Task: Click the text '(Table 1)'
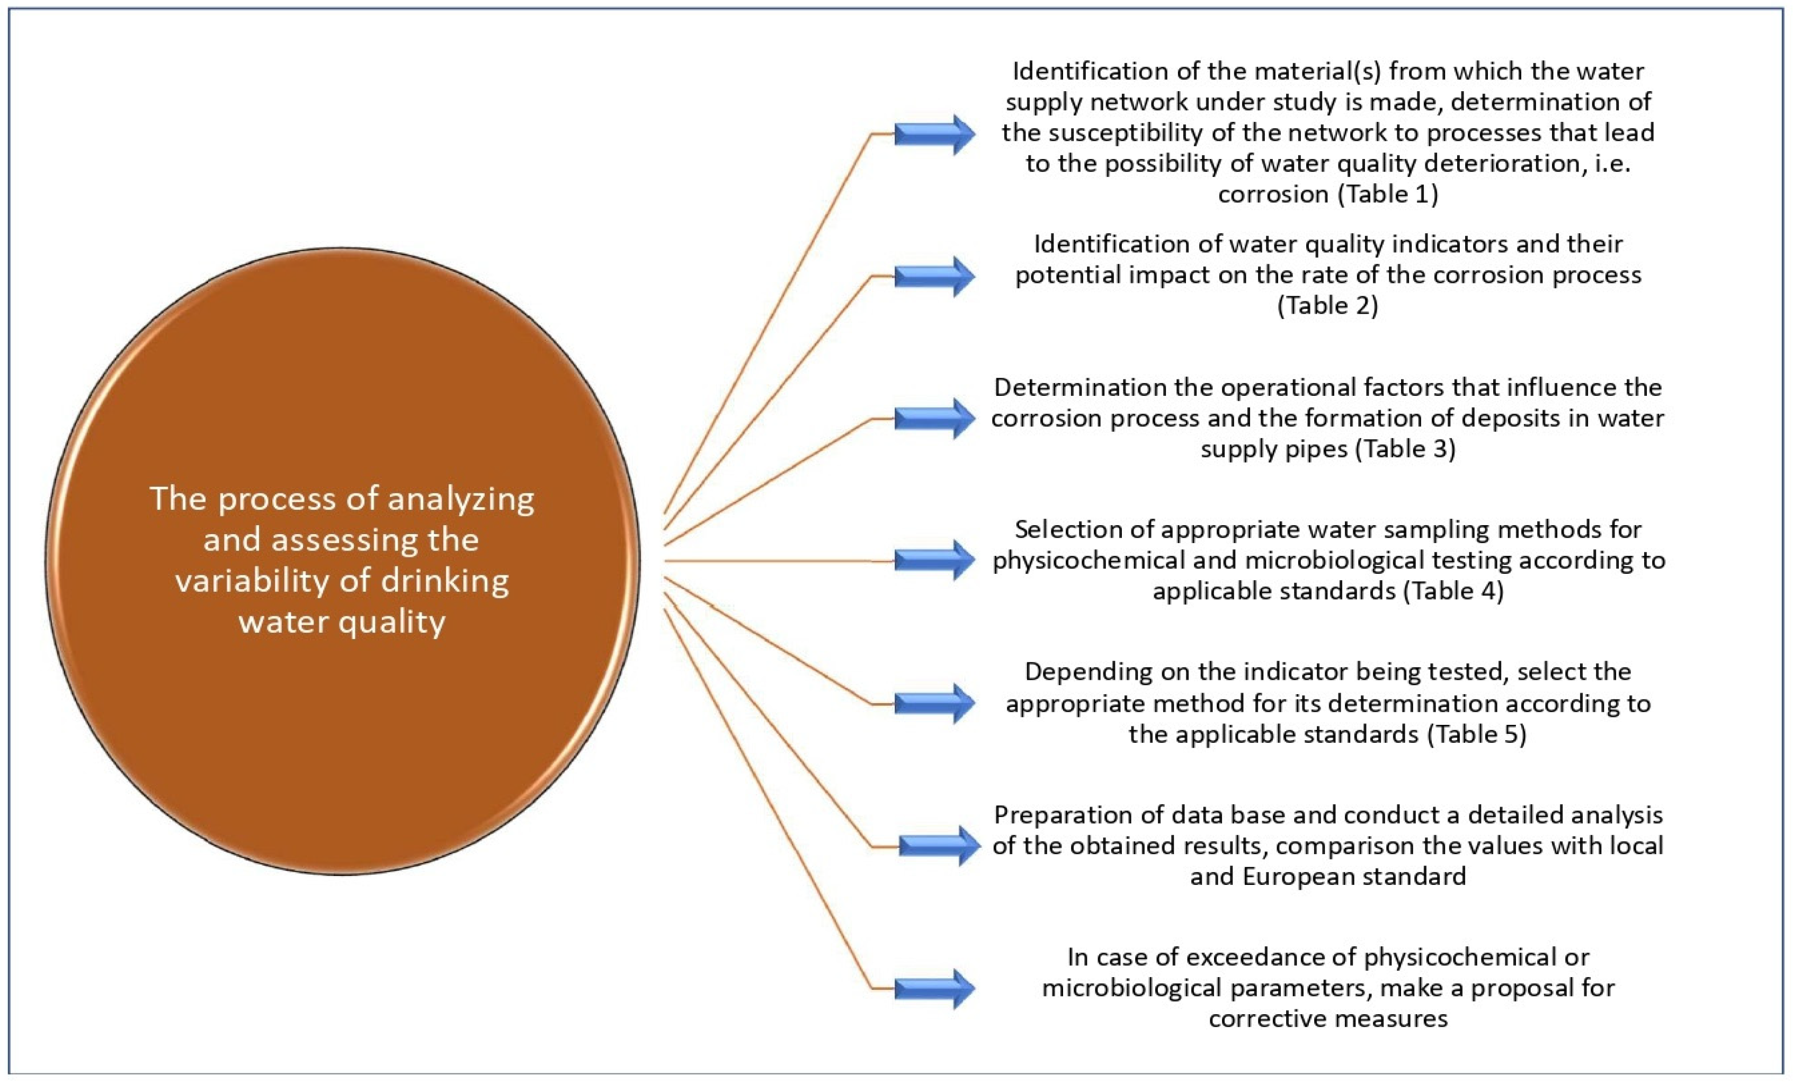coord(1388,194)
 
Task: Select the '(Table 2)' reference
coord(1327,305)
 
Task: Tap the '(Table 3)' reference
coord(1405,448)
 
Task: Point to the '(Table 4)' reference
coord(1453,590)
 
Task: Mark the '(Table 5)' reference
coord(1476,734)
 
